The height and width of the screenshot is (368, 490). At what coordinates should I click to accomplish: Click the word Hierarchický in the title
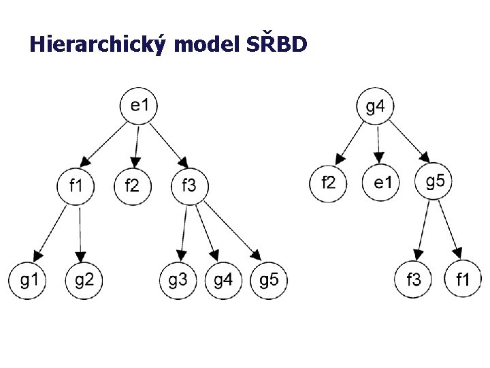pyautogui.click(x=97, y=44)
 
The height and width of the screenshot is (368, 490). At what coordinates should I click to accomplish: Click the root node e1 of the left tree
pyautogui.click(x=138, y=106)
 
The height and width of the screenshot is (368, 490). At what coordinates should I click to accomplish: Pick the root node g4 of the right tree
pyautogui.click(x=375, y=106)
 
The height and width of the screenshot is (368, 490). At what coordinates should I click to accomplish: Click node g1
pyautogui.click(x=27, y=280)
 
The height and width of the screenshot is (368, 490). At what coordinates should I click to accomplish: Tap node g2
pyautogui.click(x=84, y=280)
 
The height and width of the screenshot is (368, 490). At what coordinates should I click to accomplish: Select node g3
pyautogui.click(x=178, y=280)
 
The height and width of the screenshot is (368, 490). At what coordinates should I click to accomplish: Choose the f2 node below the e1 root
pyautogui.click(x=133, y=186)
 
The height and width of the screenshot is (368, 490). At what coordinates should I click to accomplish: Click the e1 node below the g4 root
pyautogui.click(x=380, y=182)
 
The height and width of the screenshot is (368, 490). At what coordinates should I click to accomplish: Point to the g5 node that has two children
pyautogui.click(x=434, y=181)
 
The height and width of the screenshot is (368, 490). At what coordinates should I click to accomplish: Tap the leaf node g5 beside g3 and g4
pyautogui.click(x=269, y=280)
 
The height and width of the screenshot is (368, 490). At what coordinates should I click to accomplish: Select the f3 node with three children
pyautogui.click(x=190, y=186)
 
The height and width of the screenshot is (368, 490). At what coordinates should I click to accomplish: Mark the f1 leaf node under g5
pyautogui.click(x=463, y=279)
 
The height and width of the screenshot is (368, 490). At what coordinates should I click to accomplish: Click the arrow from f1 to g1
pyautogui.click(x=50, y=234)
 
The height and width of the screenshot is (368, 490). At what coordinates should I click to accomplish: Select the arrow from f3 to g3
pyautogui.click(x=183, y=234)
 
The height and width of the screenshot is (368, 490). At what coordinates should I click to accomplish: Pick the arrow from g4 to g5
pyautogui.click(x=410, y=142)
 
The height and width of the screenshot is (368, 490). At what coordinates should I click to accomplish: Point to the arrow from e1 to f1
pyautogui.click(x=103, y=144)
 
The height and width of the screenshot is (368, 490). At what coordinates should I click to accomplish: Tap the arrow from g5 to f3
pyautogui.click(x=423, y=230)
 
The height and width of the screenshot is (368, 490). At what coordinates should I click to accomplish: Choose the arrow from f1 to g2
pyautogui.click(x=80, y=234)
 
